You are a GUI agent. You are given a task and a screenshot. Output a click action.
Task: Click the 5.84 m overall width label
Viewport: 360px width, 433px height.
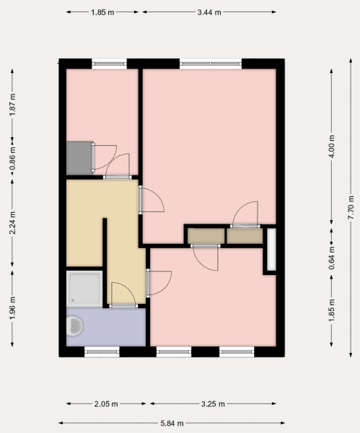coord(172,423)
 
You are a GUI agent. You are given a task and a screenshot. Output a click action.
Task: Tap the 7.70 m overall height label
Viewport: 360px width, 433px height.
coord(351,207)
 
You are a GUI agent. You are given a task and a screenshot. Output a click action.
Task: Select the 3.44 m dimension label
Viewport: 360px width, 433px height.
coord(209,12)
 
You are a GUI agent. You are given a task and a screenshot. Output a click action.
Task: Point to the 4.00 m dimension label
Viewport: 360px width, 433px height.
coord(332,146)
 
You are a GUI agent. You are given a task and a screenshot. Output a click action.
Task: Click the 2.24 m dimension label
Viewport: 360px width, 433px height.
coord(12,222)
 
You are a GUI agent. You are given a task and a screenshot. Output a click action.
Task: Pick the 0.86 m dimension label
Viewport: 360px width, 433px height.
coord(12,159)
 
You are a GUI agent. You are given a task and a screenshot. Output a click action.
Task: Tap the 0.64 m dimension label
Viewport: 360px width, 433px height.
coord(332,258)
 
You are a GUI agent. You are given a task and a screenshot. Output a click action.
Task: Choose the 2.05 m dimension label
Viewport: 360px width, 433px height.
coord(106,404)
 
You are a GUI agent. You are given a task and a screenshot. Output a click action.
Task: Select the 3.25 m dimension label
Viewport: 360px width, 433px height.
coord(213,404)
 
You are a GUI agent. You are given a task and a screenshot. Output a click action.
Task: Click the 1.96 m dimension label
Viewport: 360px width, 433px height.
coord(12,308)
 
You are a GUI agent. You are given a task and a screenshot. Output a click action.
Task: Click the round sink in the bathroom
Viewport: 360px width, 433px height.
coord(74,326)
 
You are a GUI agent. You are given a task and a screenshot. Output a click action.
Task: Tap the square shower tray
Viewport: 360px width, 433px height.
coord(84,289)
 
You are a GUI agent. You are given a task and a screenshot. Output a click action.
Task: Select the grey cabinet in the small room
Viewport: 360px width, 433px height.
coord(79,158)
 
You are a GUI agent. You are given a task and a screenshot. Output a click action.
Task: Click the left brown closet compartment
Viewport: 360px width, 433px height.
coord(206,236)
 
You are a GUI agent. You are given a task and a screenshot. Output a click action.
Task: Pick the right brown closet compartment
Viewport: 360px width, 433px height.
coord(245,236)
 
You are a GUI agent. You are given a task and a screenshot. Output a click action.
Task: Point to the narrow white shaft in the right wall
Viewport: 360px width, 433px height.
coord(271,250)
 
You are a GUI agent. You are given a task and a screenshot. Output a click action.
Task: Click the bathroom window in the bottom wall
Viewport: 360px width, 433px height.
coord(102,351)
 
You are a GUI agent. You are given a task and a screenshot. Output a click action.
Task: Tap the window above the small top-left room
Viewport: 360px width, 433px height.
coord(110,64)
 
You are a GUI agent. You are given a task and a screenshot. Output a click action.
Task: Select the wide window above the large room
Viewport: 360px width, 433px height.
coord(211,64)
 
